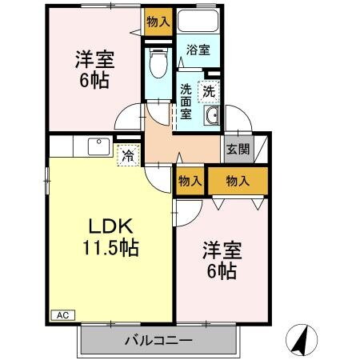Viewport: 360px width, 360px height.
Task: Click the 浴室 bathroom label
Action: click(198, 50)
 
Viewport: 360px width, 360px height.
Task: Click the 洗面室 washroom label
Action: click(186, 100)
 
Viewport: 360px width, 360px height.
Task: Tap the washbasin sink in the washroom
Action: click(211, 118)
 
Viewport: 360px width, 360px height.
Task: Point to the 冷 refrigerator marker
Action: click(128, 155)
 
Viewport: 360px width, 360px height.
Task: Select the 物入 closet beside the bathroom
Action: click(158, 22)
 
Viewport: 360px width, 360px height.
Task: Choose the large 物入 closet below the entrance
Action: click(238, 181)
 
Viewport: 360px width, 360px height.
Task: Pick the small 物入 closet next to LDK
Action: click(190, 181)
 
